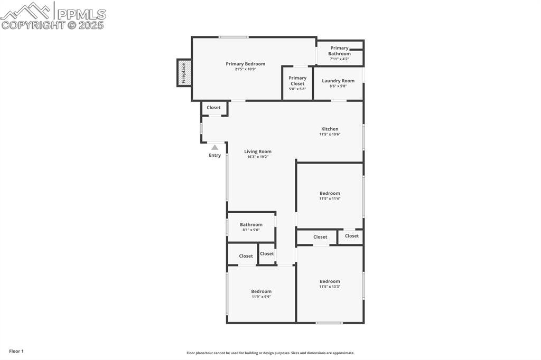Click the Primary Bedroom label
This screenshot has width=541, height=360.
[x=245, y=64]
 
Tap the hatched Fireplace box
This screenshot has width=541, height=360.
[x=184, y=73]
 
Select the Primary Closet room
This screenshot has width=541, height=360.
[x=297, y=83]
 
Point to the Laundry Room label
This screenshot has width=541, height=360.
[x=338, y=81]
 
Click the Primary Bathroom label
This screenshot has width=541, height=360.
[x=339, y=51]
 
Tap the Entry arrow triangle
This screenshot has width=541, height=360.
[x=214, y=148]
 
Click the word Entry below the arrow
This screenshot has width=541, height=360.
[x=214, y=156]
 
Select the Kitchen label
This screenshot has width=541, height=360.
[x=330, y=129]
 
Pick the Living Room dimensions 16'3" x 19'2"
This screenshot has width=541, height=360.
[x=258, y=157]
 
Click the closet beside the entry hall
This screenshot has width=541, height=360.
[x=214, y=108]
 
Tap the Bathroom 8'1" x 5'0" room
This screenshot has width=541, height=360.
[x=251, y=227]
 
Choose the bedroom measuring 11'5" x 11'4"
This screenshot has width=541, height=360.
[x=330, y=196]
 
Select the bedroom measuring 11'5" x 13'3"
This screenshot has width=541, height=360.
[x=330, y=284]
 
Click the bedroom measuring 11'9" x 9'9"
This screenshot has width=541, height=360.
[x=261, y=294]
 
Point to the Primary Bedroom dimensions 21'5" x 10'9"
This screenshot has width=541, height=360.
[x=245, y=69]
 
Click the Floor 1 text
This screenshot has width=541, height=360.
[x=16, y=351]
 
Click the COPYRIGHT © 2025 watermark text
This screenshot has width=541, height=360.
[x=53, y=25]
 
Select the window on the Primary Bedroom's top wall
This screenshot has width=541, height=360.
[x=234, y=37]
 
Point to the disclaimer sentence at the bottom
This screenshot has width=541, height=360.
[x=270, y=353]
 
